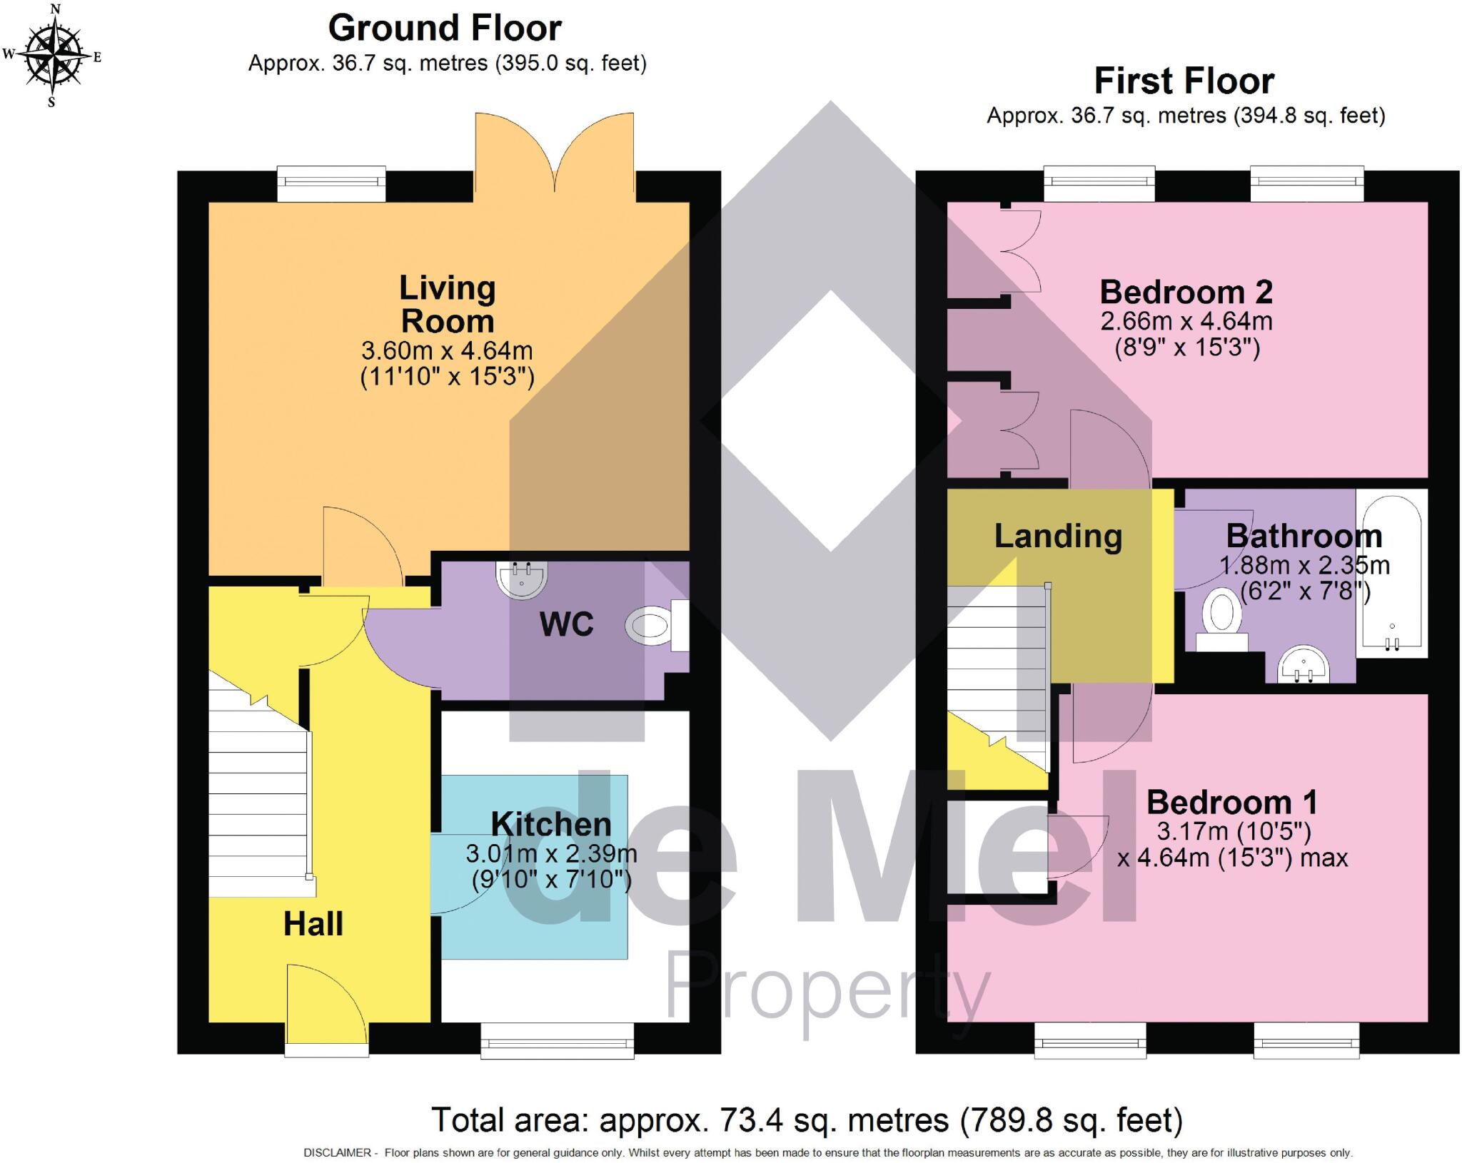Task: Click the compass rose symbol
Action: (52, 55)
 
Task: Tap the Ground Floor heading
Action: (444, 29)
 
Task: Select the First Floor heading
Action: (1184, 81)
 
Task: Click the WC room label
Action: (566, 624)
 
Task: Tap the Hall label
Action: (313, 924)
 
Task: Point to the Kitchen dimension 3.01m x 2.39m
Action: (551, 853)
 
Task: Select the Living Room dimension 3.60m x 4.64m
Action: (447, 351)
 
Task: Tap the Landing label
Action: (1058, 537)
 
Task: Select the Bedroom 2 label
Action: (1186, 292)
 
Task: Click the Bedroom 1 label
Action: (1231, 803)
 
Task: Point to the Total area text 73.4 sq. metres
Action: (807, 1120)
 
